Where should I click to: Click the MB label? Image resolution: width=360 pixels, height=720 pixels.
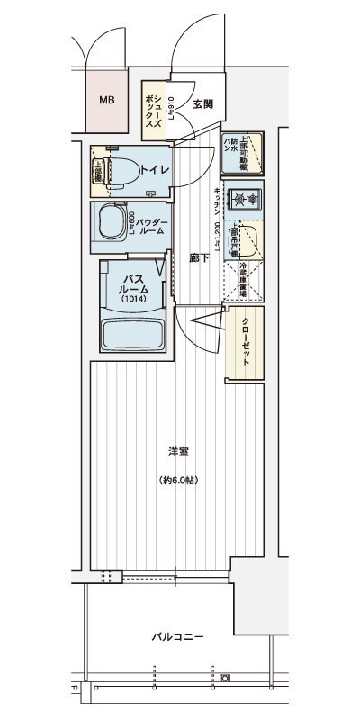tap(107, 100)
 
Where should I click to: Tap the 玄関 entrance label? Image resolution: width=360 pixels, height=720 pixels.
tap(202, 103)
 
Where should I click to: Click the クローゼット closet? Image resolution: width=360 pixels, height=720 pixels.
tap(244, 342)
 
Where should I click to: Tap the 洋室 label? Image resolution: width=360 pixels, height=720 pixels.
tap(176, 451)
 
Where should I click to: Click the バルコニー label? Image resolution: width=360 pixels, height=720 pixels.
tap(176, 637)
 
